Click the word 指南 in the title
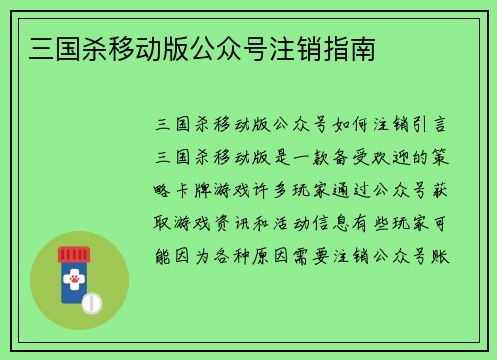tap(351, 48)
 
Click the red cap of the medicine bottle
tap(73, 253)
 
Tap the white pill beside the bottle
tap(92, 302)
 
